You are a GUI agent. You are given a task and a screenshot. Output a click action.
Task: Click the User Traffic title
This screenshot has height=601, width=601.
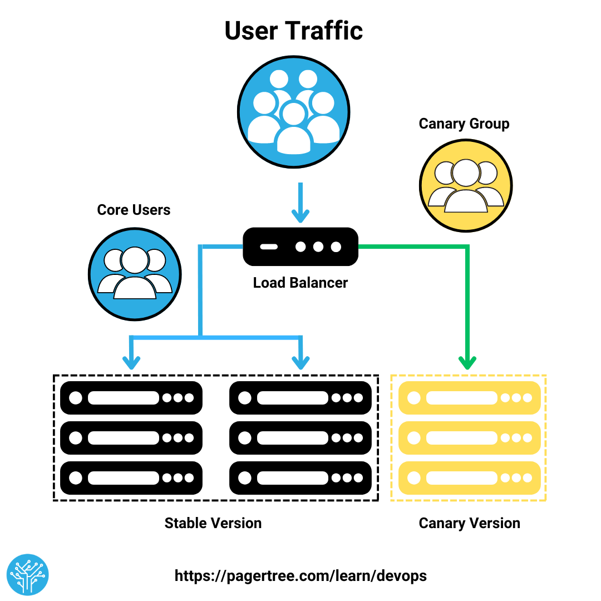(293, 31)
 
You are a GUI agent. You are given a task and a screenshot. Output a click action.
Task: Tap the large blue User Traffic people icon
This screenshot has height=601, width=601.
(293, 111)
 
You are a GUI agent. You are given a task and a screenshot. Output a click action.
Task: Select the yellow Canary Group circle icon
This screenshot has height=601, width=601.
(465, 185)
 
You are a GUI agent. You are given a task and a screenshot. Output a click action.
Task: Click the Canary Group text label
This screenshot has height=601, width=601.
(464, 124)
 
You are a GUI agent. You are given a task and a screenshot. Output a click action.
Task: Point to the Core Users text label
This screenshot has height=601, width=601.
(134, 210)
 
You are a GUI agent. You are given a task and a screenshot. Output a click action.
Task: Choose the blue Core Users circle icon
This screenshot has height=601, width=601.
(135, 274)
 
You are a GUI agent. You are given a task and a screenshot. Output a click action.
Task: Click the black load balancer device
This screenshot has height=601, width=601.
(300, 247)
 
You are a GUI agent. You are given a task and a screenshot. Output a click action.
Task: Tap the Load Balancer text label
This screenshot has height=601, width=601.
(300, 283)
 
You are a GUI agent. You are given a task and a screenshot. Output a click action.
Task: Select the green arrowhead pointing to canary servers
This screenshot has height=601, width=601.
(467, 362)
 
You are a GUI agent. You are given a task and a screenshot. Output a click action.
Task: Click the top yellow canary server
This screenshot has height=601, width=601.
(470, 398)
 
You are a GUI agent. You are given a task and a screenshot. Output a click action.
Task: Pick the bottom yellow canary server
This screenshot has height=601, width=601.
(470, 478)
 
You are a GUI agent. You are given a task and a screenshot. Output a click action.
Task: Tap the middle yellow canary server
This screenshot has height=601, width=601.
(470, 438)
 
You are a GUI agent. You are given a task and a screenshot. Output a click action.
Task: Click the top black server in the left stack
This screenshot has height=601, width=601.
(131, 398)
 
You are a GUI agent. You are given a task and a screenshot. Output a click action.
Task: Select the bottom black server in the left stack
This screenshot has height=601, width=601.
(131, 478)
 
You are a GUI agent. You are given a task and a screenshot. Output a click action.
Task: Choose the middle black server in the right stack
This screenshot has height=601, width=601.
(300, 438)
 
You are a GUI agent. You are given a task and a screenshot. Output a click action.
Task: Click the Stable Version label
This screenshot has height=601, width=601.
(213, 523)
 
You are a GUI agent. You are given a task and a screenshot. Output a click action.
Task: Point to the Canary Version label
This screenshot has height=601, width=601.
(469, 523)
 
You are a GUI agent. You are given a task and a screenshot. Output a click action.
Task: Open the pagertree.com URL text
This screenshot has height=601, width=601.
(300, 575)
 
